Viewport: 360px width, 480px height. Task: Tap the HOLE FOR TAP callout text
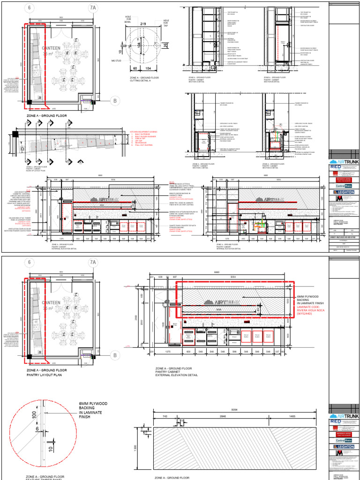[x=166, y=23]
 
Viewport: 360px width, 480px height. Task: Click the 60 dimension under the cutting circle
[x=135, y=68]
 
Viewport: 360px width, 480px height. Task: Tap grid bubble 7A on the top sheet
[x=93, y=8]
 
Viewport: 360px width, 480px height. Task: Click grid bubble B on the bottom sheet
[x=114, y=356]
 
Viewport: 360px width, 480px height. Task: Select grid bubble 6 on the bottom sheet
[x=31, y=262]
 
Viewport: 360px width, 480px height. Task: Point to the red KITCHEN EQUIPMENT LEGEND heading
[x=143, y=132]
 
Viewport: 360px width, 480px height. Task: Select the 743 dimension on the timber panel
[x=165, y=416]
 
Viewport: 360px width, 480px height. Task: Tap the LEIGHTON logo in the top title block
[x=344, y=192]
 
